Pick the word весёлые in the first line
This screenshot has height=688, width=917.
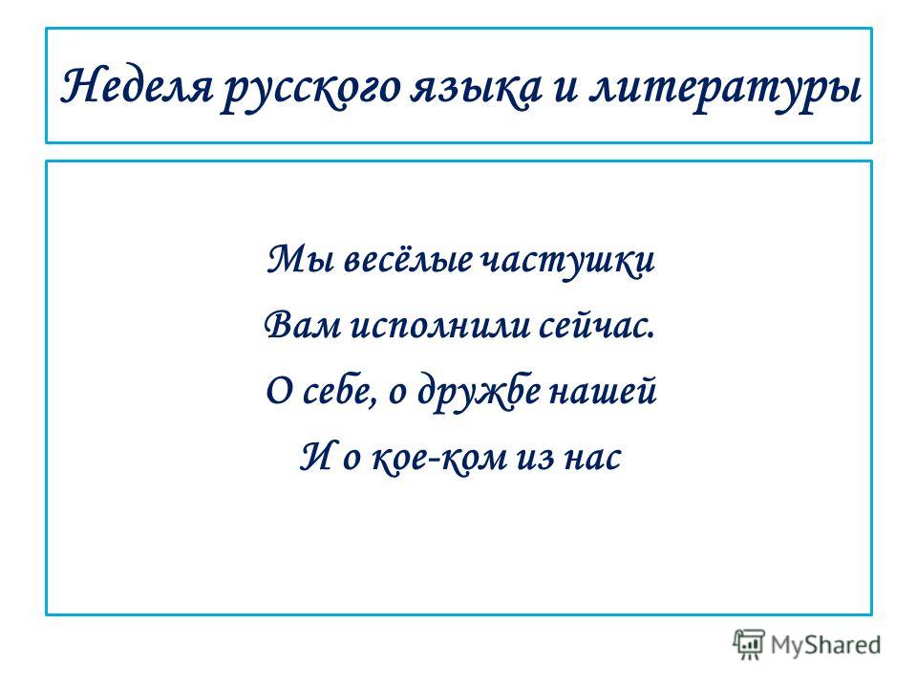[x=408, y=259]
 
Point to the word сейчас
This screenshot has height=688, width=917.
[x=596, y=325]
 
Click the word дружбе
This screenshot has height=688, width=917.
[x=479, y=392]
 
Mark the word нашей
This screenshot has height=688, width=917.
[x=603, y=391]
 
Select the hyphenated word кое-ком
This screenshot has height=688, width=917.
[x=439, y=457]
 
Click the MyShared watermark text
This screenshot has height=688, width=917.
[x=825, y=645]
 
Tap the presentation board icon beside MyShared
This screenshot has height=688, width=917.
[x=749, y=644]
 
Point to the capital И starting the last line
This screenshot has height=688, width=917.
[x=317, y=457]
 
